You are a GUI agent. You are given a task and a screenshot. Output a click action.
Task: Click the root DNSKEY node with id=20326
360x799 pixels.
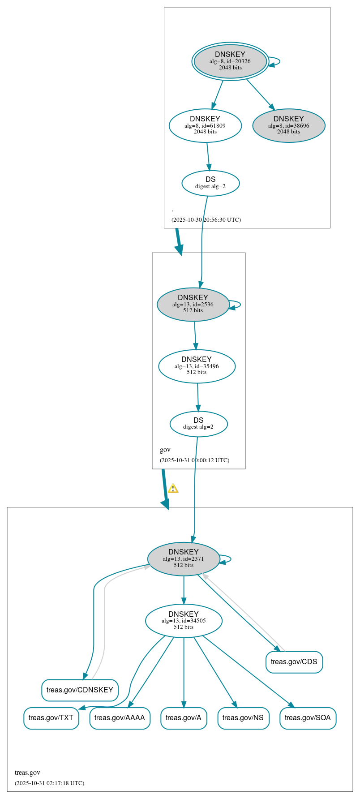point(230,61)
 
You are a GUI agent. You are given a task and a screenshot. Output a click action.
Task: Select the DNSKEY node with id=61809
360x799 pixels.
point(205,125)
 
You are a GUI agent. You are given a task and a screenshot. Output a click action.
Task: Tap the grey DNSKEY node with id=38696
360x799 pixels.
point(289,125)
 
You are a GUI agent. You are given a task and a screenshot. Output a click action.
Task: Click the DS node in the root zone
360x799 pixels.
point(210,183)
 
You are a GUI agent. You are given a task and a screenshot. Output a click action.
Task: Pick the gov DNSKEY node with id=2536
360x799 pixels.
point(193,304)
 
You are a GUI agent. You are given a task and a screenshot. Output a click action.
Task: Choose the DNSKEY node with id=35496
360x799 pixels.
point(197,366)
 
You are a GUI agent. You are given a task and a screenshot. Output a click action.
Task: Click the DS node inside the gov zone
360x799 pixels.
point(198,424)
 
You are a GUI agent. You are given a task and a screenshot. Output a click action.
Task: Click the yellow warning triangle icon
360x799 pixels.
point(173,489)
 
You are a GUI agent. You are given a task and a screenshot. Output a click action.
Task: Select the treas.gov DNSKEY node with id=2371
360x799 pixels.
point(184,558)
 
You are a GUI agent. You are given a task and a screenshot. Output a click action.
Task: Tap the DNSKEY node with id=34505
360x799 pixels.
point(184,620)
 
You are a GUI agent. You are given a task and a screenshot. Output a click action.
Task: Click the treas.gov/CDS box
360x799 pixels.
point(294,662)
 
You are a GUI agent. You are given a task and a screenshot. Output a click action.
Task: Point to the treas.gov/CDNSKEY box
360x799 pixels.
point(80,690)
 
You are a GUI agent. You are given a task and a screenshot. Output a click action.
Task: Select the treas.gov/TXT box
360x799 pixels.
point(51,718)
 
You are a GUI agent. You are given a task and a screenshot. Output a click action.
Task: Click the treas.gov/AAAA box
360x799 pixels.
point(120,718)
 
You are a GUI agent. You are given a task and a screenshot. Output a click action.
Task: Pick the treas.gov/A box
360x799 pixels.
point(184,718)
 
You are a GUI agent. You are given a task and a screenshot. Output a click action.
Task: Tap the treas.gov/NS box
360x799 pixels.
point(243,718)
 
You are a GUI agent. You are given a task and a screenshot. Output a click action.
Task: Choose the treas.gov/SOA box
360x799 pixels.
point(308,718)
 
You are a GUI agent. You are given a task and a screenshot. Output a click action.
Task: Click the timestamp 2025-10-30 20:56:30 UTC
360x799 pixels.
point(206,220)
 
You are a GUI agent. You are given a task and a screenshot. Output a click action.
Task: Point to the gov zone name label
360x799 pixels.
point(165,450)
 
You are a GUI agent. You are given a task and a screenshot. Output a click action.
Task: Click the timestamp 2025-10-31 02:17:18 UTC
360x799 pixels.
point(49,783)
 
